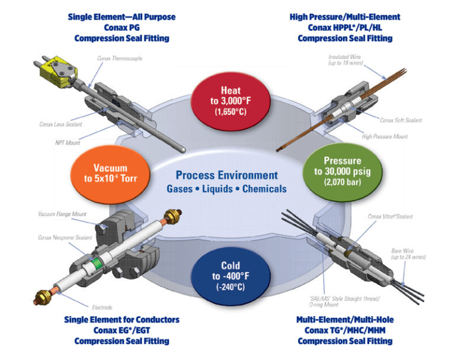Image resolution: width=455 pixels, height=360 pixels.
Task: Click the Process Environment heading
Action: (x=226, y=175)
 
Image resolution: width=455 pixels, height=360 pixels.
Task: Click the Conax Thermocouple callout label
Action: (x=120, y=58)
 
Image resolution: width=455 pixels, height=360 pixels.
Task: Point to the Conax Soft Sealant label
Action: (x=400, y=120)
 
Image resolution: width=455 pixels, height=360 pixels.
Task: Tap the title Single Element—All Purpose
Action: (x=122, y=17)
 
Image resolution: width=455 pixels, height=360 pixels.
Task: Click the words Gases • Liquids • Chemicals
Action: (x=227, y=189)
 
